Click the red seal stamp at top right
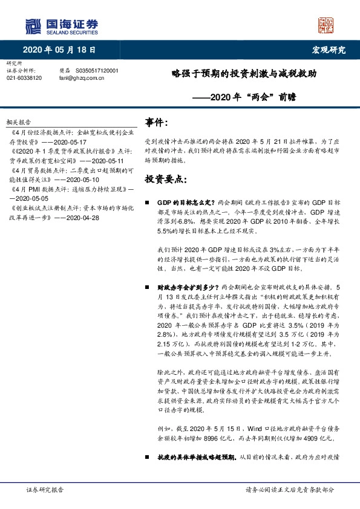click(x=325, y=25)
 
